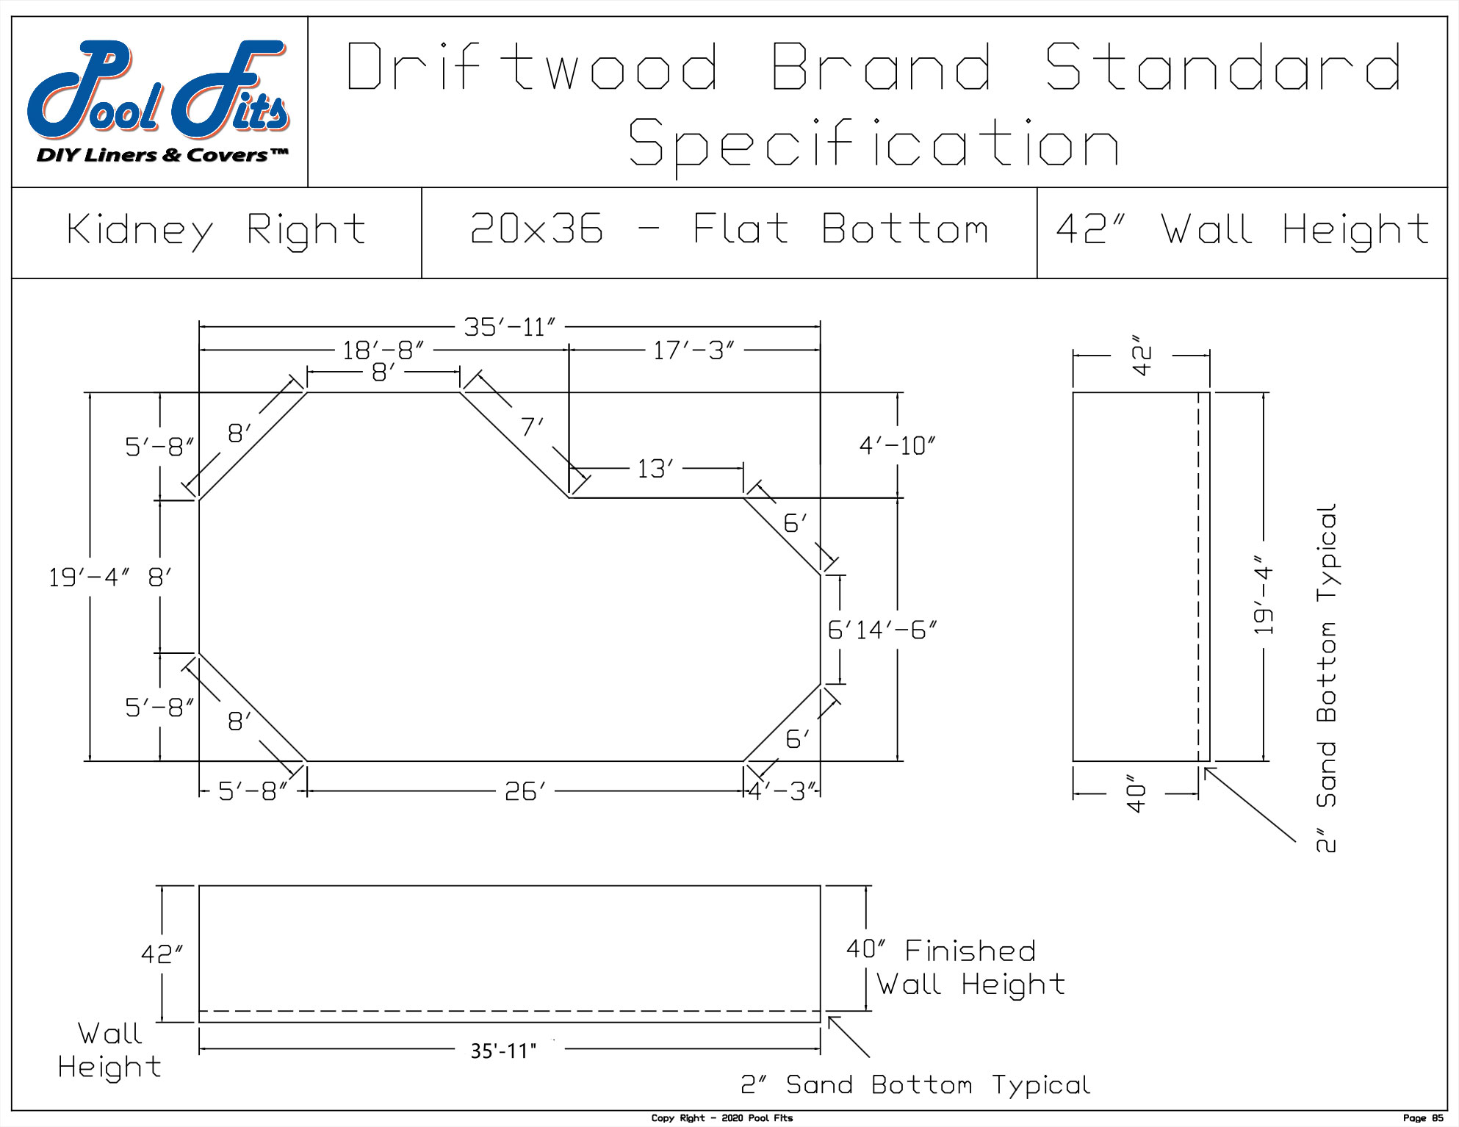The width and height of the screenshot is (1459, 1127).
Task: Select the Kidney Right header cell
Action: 217,231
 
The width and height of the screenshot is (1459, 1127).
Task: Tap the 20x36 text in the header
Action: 536,229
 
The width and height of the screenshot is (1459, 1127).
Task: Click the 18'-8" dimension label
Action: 383,351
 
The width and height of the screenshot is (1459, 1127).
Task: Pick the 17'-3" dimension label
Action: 694,351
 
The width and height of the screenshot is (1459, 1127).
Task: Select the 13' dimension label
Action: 655,469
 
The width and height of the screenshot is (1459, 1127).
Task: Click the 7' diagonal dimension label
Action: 532,427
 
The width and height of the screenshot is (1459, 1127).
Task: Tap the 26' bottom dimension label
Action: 525,792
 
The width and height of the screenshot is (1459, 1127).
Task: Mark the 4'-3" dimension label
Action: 782,792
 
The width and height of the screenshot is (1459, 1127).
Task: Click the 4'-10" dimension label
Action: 897,446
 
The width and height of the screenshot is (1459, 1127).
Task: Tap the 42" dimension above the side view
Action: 1141,356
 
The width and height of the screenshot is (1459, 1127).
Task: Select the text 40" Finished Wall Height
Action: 955,968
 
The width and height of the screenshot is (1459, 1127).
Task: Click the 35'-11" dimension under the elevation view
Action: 503,1051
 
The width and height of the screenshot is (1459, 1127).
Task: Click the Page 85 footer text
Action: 1422,1118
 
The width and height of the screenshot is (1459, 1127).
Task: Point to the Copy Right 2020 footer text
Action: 721,1118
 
